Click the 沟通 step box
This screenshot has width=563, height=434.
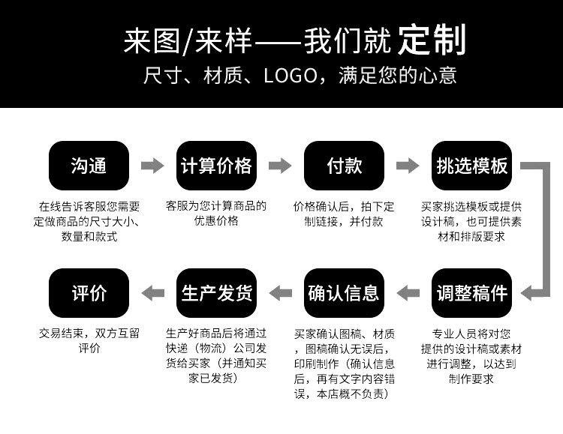[x=89, y=166]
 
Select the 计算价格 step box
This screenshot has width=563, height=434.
[x=216, y=166]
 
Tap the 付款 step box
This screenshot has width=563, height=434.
[x=344, y=166]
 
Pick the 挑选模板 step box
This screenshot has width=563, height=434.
[x=472, y=166]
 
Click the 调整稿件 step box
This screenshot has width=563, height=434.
[x=472, y=293]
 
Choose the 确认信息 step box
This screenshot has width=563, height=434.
[x=344, y=293]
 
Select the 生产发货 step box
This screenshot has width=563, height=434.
[x=216, y=293]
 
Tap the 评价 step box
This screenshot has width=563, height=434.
[x=89, y=293]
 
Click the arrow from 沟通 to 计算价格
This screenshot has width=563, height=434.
[x=152, y=166]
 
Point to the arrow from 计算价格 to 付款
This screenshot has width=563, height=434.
[x=280, y=166]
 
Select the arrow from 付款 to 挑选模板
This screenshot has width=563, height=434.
[x=408, y=166]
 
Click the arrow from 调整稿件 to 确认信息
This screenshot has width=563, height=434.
[x=408, y=293]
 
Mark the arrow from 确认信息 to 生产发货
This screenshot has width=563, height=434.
[x=281, y=293]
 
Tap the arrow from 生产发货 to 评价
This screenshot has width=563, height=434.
[x=153, y=293]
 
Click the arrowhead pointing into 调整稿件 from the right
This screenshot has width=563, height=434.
[x=526, y=293]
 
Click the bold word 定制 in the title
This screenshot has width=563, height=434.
[x=432, y=40]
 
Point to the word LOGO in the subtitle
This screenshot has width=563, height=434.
[x=291, y=76]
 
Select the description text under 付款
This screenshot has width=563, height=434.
[x=344, y=214]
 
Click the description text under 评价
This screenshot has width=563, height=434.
[x=89, y=340]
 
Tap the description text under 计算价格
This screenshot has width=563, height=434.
[x=216, y=213]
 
